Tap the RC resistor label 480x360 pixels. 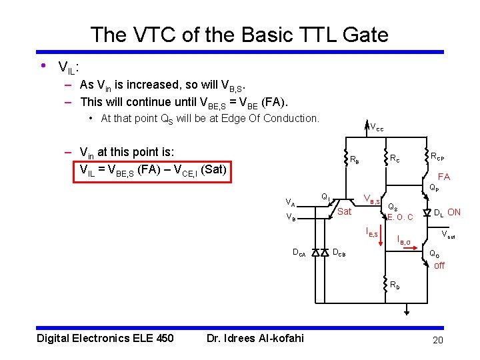tap(395, 158)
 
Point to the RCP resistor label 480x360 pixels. tap(437, 157)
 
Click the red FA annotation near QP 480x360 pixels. tap(443, 177)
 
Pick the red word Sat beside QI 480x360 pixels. tap(344, 212)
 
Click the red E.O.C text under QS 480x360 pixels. tap(400, 217)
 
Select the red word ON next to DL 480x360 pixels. tap(454, 213)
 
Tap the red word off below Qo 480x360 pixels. tap(439, 265)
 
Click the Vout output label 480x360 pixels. tap(451, 235)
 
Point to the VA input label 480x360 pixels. tap(291, 202)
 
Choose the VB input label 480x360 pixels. tap(291, 217)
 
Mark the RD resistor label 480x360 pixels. tap(395, 286)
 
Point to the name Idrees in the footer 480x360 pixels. tap(248, 338)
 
